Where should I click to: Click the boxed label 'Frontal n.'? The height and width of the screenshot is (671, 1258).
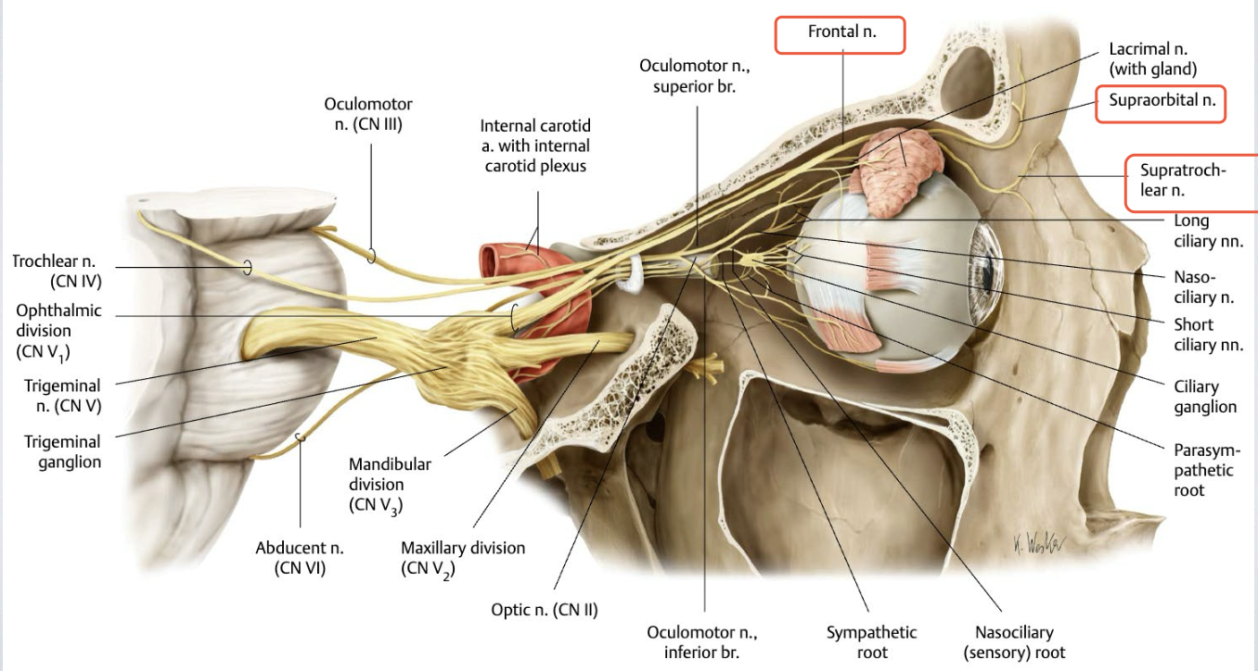tap(841, 33)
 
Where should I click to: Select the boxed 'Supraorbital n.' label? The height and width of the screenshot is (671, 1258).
tap(1162, 102)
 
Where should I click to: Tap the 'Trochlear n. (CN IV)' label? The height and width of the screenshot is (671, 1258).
tap(57, 271)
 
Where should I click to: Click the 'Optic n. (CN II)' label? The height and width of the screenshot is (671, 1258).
tap(545, 609)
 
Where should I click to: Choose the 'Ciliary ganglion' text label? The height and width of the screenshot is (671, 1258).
tap(1204, 397)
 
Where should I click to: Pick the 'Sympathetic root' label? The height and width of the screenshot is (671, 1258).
tap(871, 642)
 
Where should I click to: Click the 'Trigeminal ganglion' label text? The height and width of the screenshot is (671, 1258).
tap(62, 451)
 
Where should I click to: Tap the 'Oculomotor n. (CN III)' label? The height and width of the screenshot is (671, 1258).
tap(368, 114)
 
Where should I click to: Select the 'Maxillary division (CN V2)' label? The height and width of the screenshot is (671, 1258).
tap(462, 558)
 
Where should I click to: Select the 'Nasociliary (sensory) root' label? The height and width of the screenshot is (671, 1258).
tap(1014, 642)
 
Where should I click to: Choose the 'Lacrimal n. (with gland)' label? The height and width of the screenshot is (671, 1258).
tap(1153, 58)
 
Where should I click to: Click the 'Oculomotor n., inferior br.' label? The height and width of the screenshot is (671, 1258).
tap(701, 642)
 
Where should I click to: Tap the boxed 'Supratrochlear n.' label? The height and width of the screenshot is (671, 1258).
tap(1188, 181)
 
